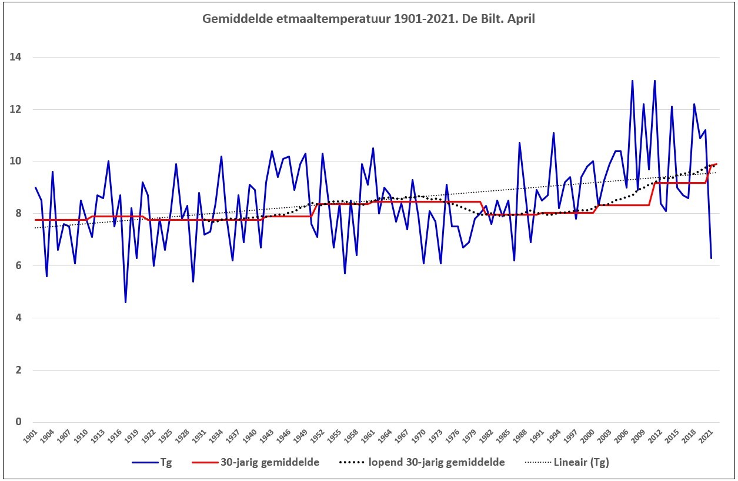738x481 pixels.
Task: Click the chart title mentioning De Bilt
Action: pos(368,19)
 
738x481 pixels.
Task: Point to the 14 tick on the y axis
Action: pos(15,57)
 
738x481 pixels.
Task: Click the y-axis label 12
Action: pos(15,109)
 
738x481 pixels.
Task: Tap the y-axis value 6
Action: pos(18,265)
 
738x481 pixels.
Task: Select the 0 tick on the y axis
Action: pos(18,422)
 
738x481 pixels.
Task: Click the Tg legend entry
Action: pos(152,462)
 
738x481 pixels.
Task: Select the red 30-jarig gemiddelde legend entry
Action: pos(256,462)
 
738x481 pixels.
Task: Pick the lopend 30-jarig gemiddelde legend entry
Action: pos(422,462)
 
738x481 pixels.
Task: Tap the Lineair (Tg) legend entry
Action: pos(567,462)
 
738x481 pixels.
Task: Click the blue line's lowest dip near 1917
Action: pos(125,302)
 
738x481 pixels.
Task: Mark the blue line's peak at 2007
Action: pos(632,80)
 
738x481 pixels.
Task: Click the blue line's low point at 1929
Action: pos(193,282)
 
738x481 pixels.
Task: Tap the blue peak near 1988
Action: pos(520,143)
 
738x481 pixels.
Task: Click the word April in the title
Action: pos(521,19)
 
